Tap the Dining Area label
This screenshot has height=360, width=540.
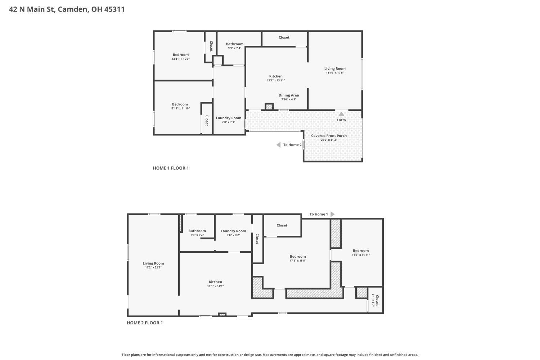(x=289, y=95)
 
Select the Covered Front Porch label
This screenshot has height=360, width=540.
(x=329, y=136)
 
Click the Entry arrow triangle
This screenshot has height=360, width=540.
(x=341, y=114)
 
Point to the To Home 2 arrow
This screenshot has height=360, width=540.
(x=278, y=145)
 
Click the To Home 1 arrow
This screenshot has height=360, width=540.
(x=332, y=214)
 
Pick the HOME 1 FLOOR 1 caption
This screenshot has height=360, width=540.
(x=171, y=168)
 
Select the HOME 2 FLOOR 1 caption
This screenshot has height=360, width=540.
(x=145, y=323)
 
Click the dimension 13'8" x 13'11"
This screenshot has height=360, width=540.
(x=276, y=80)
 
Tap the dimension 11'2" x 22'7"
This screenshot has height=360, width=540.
(x=153, y=267)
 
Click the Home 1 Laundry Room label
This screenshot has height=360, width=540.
(x=229, y=118)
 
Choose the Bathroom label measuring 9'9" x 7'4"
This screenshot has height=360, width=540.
(x=235, y=44)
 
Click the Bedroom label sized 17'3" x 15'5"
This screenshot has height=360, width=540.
(x=298, y=257)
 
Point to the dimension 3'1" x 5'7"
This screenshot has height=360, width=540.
(x=373, y=300)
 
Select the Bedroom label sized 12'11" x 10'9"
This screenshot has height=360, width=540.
(x=181, y=55)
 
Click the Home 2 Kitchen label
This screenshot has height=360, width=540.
(x=216, y=282)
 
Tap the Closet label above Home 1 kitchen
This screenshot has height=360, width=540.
(x=284, y=37)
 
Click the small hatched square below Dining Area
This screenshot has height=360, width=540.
(x=269, y=107)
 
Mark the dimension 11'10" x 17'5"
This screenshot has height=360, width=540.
(x=335, y=73)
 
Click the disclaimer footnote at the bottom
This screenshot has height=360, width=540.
(x=270, y=355)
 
